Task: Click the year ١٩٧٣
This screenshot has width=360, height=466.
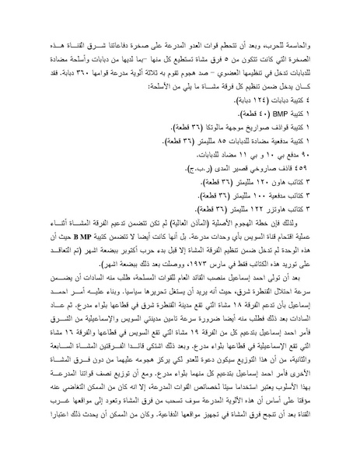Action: click(x=173, y=269)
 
